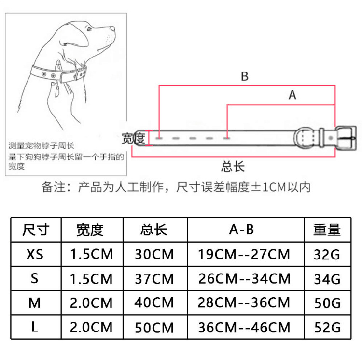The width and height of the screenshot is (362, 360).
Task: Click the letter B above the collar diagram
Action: coord(244,76)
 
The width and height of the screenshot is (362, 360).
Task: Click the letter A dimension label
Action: coord(292,95)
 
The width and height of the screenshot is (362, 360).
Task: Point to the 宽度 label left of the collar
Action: coord(134,138)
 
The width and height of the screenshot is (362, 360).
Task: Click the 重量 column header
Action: coord(327,230)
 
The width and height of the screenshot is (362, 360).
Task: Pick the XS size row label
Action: coord(36,253)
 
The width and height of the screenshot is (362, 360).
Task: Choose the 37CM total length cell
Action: coord(154,279)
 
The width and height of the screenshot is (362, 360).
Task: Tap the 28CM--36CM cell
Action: coord(244,303)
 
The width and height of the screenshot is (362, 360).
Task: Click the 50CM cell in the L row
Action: coord(154,327)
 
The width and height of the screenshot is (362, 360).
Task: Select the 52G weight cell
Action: coord(327,327)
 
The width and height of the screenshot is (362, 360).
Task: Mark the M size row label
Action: coord(35,303)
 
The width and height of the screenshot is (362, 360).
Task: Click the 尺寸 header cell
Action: coord(36,230)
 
